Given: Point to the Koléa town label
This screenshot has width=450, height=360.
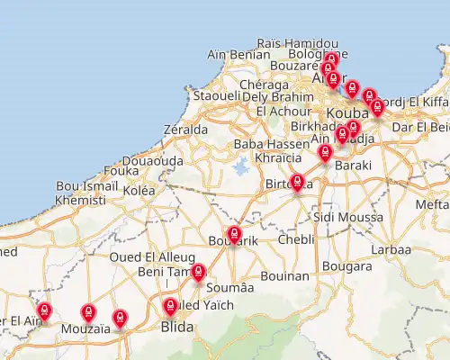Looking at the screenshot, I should click(139, 190).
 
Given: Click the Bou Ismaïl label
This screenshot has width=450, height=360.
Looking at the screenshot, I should click(82, 186).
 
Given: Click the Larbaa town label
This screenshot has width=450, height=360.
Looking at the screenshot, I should click(391, 249).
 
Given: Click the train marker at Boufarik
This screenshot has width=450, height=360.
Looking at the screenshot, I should click(235, 235).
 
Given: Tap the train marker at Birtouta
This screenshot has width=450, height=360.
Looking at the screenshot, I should click(298, 183).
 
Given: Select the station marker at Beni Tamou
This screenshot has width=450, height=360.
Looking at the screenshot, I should click(199, 272).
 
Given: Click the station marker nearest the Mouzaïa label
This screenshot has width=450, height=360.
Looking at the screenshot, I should click(88, 312).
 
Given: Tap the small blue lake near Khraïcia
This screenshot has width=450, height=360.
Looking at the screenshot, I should click(240, 166).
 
